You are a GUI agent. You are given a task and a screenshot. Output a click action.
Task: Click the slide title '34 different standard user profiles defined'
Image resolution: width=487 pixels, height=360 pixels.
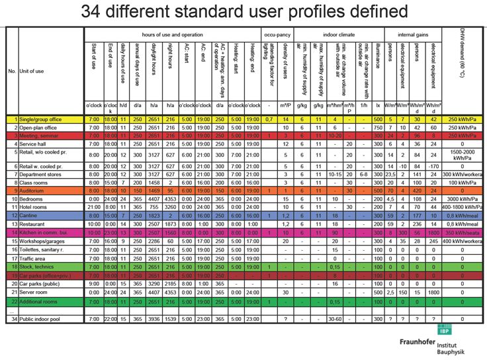click(x=244, y=11)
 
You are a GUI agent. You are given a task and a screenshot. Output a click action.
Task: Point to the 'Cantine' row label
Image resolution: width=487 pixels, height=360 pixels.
click(x=31, y=216)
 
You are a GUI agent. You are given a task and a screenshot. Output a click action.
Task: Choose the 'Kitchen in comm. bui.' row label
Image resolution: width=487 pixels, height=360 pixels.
click(x=45, y=233)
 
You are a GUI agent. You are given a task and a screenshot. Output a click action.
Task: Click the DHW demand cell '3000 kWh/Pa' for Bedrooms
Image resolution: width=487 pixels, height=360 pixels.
click(x=462, y=199)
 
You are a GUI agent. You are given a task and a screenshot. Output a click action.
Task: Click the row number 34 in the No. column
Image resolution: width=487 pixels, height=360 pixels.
click(x=11, y=320)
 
